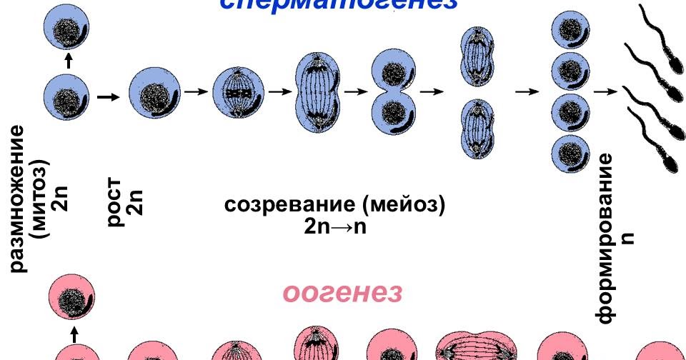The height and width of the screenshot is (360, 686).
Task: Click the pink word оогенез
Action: (x=342, y=293)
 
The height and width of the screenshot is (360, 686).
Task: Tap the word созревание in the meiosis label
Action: (x=291, y=205)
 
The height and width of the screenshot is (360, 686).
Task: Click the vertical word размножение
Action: (x=17, y=199)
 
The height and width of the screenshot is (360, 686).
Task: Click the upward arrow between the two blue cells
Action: (x=68, y=61)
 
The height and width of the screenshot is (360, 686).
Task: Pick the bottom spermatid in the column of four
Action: (x=570, y=151)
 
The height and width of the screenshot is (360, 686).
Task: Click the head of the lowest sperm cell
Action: (x=671, y=161)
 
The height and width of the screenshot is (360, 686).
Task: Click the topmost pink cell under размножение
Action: (x=71, y=299)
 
